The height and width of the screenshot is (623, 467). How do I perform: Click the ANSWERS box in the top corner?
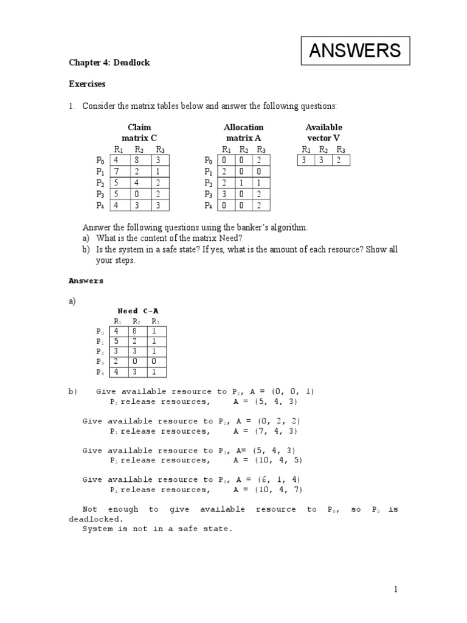[x=356, y=50]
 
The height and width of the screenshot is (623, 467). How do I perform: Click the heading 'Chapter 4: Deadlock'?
[x=109, y=63]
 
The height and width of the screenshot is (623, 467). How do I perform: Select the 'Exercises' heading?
[x=86, y=83]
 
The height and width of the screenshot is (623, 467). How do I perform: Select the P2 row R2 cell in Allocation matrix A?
[x=243, y=183]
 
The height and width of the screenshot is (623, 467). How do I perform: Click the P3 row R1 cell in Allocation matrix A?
[x=226, y=194]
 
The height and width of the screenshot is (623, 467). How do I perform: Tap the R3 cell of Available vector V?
[x=341, y=160]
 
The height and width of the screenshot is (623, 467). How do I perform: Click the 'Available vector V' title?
[x=323, y=133]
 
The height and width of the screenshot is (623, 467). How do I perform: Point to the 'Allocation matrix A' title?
[x=243, y=133]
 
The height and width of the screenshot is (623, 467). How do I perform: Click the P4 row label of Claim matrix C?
[x=100, y=206]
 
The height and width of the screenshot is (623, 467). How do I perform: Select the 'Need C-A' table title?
[x=138, y=311]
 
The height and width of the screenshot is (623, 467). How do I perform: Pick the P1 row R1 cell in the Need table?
[x=117, y=341]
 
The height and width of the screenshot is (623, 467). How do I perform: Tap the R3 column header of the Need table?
[x=156, y=321]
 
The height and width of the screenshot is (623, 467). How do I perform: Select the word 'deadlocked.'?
[x=95, y=519]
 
